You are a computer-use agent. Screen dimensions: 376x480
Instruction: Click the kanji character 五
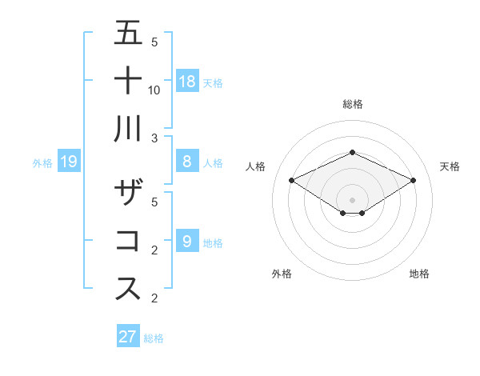[x=129, y=33]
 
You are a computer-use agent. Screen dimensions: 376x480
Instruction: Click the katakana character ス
[x=129, y=289]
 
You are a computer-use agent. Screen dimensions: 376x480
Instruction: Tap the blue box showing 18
[x=187, y=81]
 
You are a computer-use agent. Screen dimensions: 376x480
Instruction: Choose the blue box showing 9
[x=187, y=241]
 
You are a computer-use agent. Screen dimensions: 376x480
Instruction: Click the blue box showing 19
[x=69, y=162]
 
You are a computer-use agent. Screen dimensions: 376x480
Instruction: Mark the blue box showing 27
[x=128, y=336]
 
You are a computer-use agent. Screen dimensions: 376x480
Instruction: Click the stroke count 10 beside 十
[x=154, y=90]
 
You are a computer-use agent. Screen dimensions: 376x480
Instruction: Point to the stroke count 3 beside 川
[x=154, y=138]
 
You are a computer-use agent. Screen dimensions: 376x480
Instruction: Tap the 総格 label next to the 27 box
[x=154, y=338]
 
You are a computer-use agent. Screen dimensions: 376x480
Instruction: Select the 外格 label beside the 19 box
[x=42, y=163]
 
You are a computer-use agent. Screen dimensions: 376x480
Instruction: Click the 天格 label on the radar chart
[x=450, y=166]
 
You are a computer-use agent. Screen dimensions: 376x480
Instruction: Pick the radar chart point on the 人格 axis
[x=291, y=180]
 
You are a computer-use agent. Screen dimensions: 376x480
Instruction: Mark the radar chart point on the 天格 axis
[x=413, y=180]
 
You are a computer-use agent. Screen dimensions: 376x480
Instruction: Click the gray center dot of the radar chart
[x=352, y=199]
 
